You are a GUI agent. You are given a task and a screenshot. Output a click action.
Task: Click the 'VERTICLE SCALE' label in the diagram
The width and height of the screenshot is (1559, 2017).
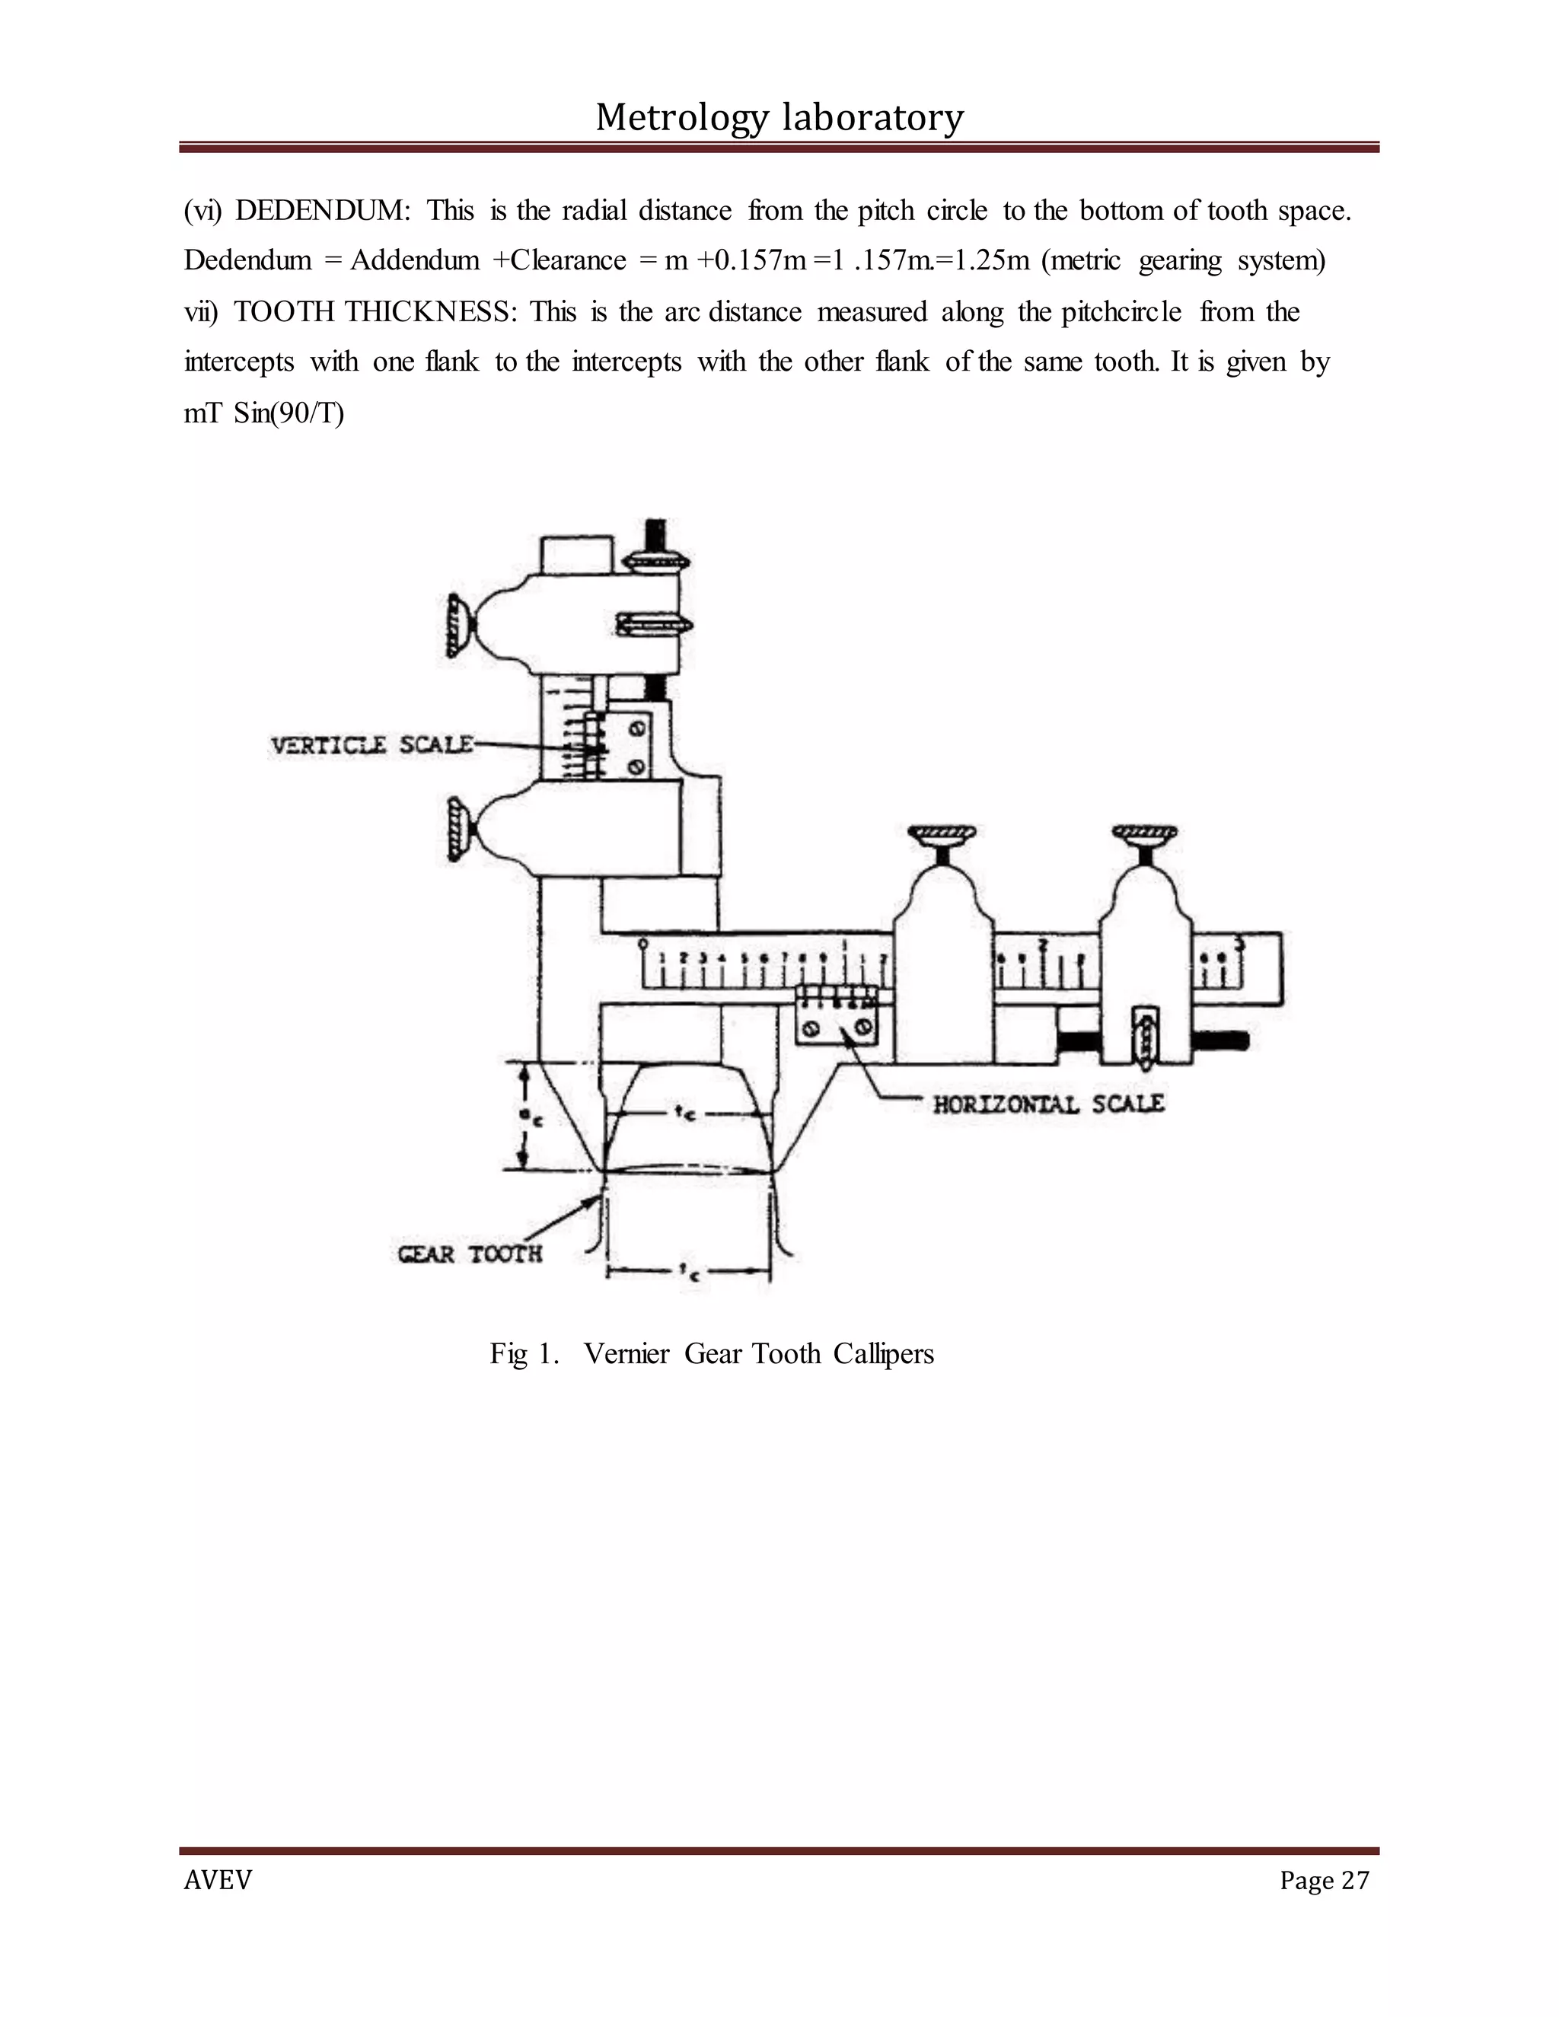click(x=371, y=744)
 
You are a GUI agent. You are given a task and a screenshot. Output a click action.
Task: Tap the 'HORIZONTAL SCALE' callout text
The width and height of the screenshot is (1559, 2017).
click(x=1047, y=1104)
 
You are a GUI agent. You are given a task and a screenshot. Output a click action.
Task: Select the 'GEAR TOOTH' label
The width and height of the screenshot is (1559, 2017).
click(x=469, y=1254)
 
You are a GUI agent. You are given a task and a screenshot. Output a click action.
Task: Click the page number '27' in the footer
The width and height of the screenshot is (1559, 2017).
click(x=1355, y=1880)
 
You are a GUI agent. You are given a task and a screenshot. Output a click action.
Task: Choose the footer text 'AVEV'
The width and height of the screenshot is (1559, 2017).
click(x=218, y=1880)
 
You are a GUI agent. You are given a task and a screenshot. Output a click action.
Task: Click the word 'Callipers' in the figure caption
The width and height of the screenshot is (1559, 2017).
click(x=883, y=1354)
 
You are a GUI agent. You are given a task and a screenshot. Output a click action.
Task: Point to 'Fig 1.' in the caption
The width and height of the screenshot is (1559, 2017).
click(x=524, y=1354)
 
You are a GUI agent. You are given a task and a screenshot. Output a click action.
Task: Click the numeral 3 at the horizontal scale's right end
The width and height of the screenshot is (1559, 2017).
click(x=1239, y=944)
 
